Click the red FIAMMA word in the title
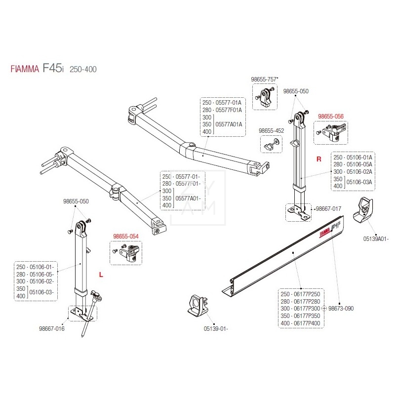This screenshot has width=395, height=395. (25, 70)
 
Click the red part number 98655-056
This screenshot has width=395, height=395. (330, 117)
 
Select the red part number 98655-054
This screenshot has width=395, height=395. (125, 237)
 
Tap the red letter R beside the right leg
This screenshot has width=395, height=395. (318, 159)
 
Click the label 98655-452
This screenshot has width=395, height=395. (271, 131)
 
